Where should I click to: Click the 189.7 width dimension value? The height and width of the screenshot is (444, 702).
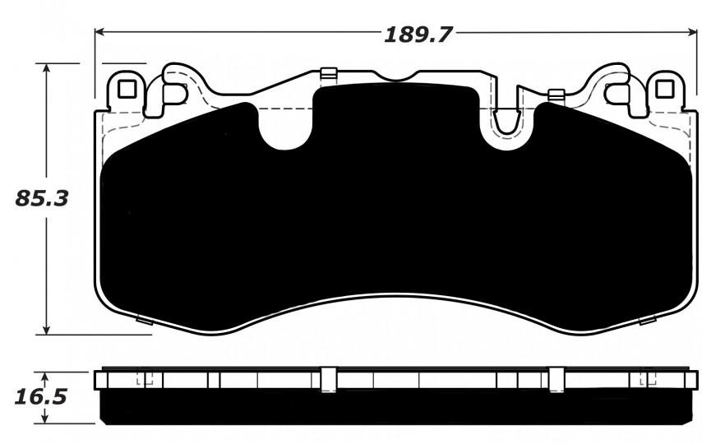tap(418, 35)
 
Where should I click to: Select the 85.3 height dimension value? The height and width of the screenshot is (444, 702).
tap(42, 198)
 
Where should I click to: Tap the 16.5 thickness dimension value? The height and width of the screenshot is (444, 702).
tap(41, 396)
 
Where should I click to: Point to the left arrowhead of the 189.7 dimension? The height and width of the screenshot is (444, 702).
tap(99, 32)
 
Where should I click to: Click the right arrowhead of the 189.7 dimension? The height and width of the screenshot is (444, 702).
tap(692, 32)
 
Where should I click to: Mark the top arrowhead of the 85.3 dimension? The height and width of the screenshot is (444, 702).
tap(45, 68)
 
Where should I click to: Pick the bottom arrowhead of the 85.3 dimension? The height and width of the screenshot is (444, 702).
tap(45, 330)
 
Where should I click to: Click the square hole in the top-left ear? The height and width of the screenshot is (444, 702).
tap(127, 89)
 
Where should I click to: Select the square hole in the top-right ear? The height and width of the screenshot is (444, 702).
tap(664, 89)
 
